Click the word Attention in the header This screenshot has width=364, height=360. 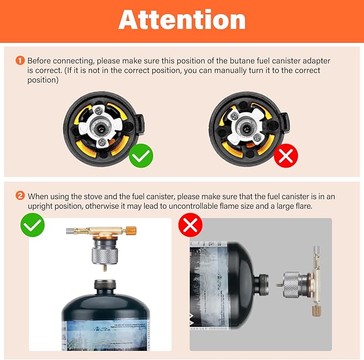click(182, 20)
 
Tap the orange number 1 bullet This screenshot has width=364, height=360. click(20, 61)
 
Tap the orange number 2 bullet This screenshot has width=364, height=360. click(20, 196)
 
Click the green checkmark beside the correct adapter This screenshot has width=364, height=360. click(141, 156)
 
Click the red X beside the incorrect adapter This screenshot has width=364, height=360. click(286, 156)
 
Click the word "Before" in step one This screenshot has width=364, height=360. click(40, 61)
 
